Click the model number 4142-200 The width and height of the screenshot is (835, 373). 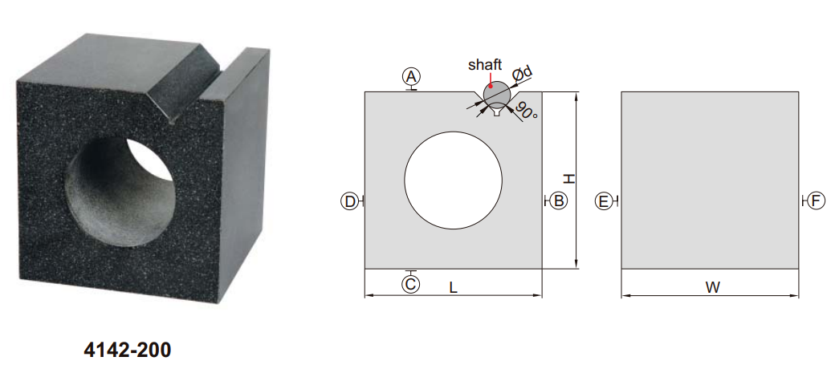click(x=127, y=351)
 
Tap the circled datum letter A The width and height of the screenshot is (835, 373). click(x=412, y=76)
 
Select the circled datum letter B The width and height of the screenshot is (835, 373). click(x=559, y=201)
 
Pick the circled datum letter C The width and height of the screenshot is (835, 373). click(x=411, y=283)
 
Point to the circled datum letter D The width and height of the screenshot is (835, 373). click(x=349, y=201)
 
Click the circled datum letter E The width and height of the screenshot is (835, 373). click(x=604, y=201)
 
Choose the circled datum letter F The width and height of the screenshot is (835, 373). click(x=816, y=201)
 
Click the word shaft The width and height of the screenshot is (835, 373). click(x=485, y=65)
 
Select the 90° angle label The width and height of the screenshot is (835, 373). click(x=527, y=111)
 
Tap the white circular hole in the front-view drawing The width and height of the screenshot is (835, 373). click(x=453, y=178)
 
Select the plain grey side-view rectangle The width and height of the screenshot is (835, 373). click(x=711, y=180)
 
